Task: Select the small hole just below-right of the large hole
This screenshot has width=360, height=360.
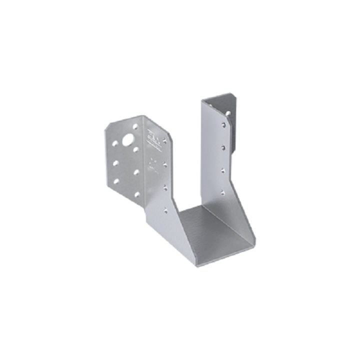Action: [136, 148]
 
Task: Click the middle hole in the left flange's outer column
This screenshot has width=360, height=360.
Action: [115, 162]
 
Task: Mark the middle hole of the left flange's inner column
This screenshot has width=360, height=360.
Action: [136, 171]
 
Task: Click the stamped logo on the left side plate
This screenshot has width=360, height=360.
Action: [152, 137]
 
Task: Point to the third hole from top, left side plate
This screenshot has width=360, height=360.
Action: [165, 187]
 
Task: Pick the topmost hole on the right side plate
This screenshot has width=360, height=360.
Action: [222, 125]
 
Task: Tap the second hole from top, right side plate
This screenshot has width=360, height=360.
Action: [222, 147]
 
